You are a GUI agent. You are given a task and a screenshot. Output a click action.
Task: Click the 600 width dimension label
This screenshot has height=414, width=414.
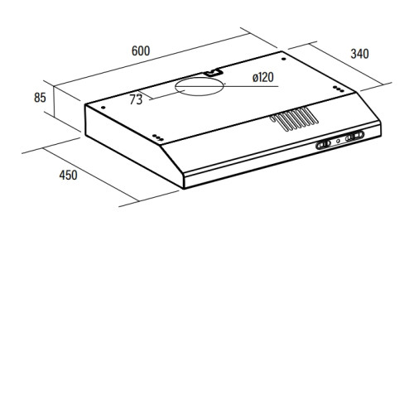[141, 51]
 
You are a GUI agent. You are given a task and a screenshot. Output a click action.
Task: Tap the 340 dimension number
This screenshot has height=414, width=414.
[359, 54]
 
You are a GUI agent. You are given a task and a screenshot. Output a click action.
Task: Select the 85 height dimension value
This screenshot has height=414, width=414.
[40, 98]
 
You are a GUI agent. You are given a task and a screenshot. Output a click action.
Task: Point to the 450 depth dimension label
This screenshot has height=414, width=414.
[68, 175]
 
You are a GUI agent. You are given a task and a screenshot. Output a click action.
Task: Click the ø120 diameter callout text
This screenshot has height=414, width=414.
[263, 77]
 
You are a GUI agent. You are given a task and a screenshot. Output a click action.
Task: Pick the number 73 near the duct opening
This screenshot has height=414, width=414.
[136, 99]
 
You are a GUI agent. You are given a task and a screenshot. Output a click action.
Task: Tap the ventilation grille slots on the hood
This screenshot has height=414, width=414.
[294, 119]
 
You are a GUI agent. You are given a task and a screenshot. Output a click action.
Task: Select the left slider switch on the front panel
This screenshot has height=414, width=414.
[323, 144]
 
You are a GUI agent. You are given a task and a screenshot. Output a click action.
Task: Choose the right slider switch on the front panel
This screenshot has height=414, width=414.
[354, 136]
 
